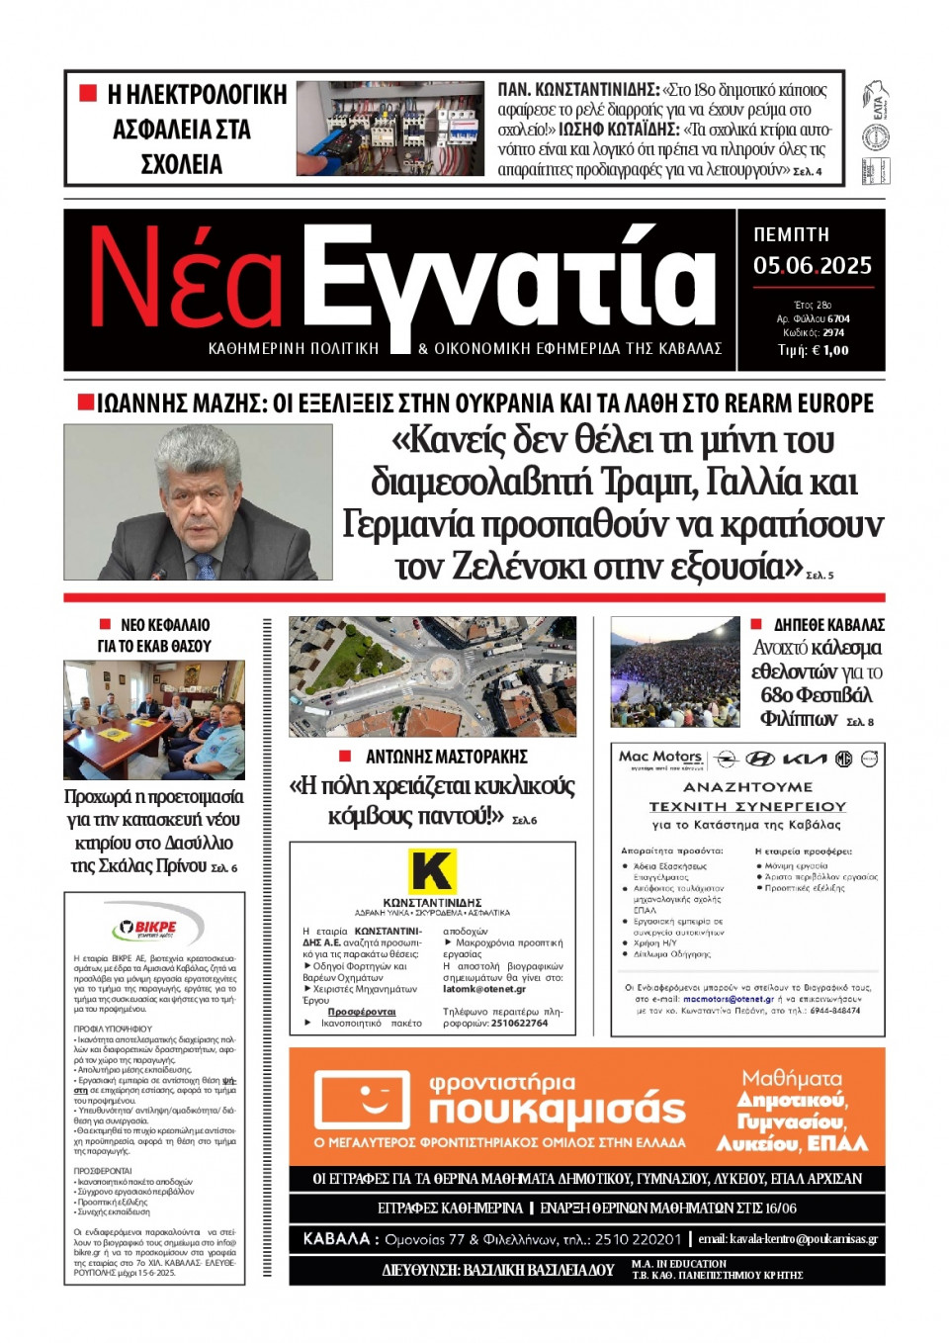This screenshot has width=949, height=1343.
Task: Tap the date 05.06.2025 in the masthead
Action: coord(812,265)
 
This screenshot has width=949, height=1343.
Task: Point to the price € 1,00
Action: coord(827,350)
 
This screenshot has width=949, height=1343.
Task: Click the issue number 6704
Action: coord(838,318)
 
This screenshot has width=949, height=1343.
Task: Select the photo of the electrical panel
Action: coord(389,129)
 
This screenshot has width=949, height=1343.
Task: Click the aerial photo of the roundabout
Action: coord(432,676)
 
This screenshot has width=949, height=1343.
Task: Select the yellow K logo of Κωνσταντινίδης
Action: coord(432,871)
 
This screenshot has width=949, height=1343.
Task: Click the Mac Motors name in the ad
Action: coord(659,757)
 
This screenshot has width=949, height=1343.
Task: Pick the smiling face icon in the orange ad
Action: coord(362,1099)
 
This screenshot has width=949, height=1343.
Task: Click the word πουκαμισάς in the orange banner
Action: coord(557,1112)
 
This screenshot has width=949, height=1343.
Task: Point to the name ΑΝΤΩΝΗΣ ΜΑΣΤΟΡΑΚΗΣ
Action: coord(446,757)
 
